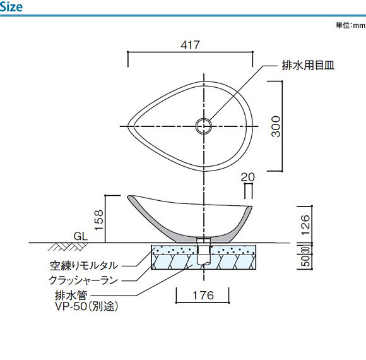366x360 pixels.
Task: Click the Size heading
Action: [11, 6]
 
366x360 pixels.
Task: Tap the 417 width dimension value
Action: [190, 45]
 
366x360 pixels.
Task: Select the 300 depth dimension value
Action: [276, 126]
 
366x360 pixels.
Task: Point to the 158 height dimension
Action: [99, 220]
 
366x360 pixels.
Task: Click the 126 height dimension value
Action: [305, 225]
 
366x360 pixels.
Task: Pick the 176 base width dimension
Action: [203, 296]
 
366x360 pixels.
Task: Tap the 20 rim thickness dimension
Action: [247, 177]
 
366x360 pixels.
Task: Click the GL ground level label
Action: [81, 236]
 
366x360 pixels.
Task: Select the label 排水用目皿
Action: [308, 65]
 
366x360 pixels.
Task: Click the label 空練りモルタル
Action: [84, 266]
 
